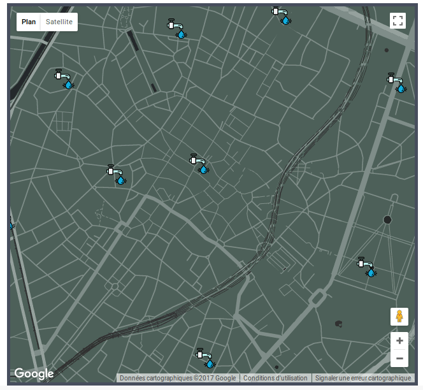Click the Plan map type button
tap(29, 22)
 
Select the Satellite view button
tap(59, 22)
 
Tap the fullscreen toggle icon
tap(398, 20)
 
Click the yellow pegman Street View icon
tap(399, 317)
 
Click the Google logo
tap(33, 374)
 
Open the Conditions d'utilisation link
tap(275, 378)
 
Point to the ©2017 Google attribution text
tap(178, 378)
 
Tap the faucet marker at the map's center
tap(199, 163)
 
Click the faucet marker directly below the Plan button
tap(64, 79)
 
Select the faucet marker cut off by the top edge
tap(281, 15)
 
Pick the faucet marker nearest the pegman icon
tap(366, 266)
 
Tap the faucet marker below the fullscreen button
tap(396, 83)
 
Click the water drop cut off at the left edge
tap(11, 226)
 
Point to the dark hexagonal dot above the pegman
tap(387, 220)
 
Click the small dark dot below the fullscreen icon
tap(386, 50)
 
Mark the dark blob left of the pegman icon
tap(338, 323)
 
